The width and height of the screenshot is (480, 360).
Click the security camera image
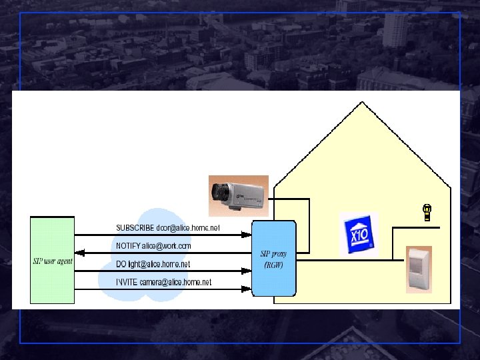pos(238,195)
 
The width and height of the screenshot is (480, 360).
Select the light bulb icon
pos(427,213)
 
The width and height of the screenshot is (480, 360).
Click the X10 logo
pos(358,235)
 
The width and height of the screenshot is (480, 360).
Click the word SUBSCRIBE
pos(135,228)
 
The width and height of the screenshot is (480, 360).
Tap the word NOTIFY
pos(128,246)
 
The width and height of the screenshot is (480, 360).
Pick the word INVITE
pos(127,283)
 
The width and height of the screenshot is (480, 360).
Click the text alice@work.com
pos(166,246)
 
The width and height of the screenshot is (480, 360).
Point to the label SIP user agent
pos(53,261)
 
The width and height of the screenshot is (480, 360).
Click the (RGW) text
pos(273,265)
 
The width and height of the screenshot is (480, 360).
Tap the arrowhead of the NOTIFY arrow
pos(79,253)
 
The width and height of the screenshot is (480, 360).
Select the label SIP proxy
pos(273,254)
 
